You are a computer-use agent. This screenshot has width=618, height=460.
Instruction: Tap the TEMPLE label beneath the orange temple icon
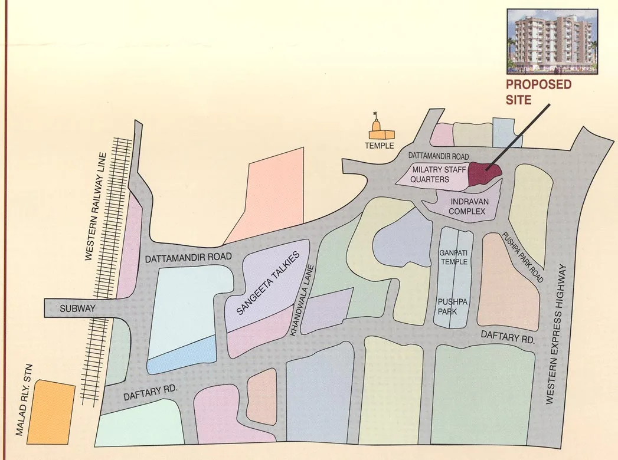click(379, 146)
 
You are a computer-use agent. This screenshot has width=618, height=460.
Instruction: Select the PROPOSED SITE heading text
click(538, 92)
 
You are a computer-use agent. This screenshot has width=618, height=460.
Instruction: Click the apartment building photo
click(552, 40)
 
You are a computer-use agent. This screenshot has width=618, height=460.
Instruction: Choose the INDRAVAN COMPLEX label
click(467, 206)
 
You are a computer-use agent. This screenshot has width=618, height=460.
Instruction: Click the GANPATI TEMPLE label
click(453, 257)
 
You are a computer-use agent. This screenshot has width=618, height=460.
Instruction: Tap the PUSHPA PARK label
click(453, 306)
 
